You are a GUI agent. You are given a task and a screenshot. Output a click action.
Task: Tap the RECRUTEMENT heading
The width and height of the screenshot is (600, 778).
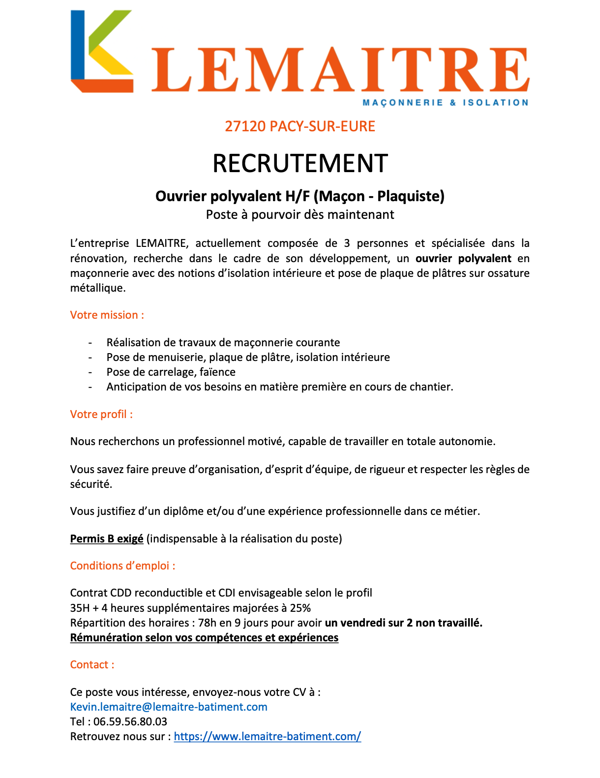click(300, 163)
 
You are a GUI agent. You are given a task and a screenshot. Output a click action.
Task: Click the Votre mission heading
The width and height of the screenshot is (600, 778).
click(107, 315)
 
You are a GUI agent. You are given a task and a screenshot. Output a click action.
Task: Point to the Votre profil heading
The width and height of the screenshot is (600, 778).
click(101, 415)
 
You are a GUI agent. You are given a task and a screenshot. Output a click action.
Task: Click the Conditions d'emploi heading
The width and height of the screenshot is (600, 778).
click(122, 566)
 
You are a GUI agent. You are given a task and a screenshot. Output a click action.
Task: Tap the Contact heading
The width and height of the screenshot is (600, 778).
click(92, 665)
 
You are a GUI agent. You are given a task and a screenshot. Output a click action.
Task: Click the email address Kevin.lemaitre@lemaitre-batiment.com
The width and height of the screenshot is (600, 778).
click(169, 707)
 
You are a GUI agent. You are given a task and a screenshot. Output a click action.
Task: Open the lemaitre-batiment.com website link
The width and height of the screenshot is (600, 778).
click(268, 737)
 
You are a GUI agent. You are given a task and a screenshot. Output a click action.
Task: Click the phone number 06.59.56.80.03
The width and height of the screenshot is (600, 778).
click(130, 722)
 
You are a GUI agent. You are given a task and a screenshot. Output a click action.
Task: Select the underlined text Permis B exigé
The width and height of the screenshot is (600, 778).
click(107, 539)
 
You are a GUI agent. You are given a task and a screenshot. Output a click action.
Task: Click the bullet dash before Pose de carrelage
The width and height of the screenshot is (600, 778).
click(90, 372)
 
